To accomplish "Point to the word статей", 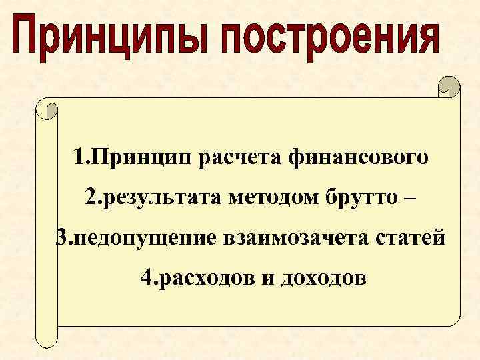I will click(412, 237).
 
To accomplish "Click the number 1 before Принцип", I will click(80, 159).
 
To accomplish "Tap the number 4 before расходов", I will click(147, 277).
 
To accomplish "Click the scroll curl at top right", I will click(448, 87).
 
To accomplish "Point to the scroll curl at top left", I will click(47, 108).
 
